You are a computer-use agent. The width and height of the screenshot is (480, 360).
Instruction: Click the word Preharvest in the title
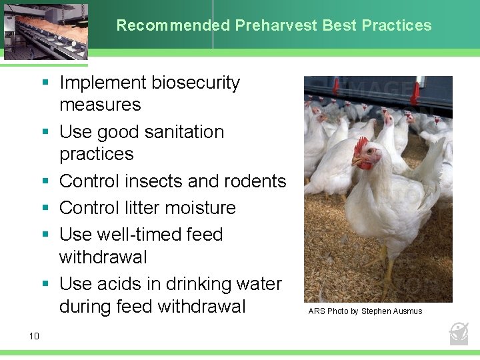click(276, 26)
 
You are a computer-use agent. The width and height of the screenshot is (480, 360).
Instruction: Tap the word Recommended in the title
click(173, 26)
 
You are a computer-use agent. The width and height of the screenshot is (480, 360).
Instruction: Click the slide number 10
click(35, 336)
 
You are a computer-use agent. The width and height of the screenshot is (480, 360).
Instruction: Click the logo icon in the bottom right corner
click(459, 333)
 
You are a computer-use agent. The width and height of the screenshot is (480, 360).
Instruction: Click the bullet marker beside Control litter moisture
click(45, 208)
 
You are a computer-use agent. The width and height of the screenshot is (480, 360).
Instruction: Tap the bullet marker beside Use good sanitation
click(45, 132)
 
